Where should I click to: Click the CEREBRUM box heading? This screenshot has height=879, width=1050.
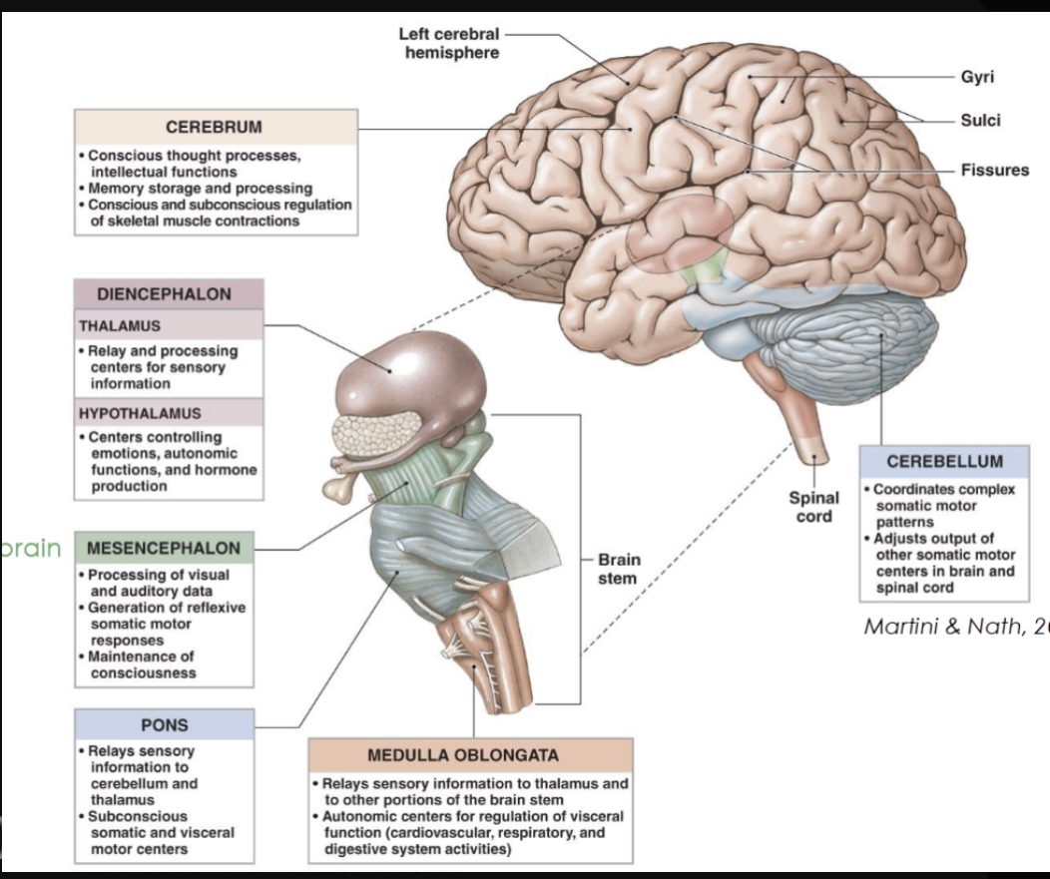214,127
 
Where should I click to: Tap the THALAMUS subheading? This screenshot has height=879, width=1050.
119,325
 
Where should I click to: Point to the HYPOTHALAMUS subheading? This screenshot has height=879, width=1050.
140,413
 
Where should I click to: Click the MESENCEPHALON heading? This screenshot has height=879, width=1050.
164,549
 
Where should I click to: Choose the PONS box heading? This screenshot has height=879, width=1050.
164,724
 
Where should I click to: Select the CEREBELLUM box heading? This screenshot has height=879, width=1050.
943,461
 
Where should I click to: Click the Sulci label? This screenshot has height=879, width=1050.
979,121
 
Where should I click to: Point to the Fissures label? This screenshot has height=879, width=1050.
994,170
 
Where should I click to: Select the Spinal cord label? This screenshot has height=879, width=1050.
813,506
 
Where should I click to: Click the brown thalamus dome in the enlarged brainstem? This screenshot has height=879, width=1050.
409,374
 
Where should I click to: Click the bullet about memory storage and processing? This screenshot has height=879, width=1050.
200,188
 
